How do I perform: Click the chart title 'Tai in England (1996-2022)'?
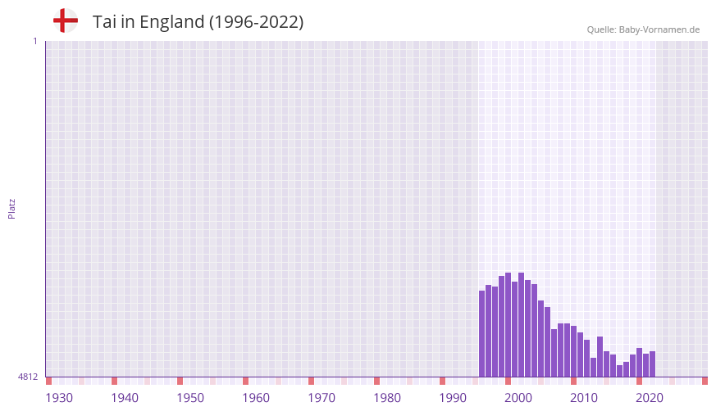click(x=198, y=22)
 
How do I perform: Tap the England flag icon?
click(x=66, y=20)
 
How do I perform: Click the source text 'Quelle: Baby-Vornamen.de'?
click(x=643, y=29)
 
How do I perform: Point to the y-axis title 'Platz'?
click(x=11, y=208)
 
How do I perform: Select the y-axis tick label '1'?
click(x=35, y=41)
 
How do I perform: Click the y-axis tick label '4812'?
click(x=28, y=377)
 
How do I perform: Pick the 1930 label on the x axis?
click(x=59, y=398)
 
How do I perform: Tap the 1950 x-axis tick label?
click(x=190, y=398)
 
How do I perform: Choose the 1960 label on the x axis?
click(x=256, y=398)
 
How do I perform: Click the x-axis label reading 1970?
click(x=322, y=398)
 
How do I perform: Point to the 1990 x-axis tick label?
click(x=453, y=398)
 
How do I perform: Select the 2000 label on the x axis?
click(x=518, y=398)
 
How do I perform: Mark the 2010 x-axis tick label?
click(x=584, y=398)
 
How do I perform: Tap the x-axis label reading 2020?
click(x=650, y=398)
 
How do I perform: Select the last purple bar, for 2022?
click(x=652, y=364)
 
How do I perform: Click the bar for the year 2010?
click(x=573, y=351)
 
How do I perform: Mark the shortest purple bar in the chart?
click(x=619, y=371)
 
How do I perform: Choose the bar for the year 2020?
click(x=639, y=363)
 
